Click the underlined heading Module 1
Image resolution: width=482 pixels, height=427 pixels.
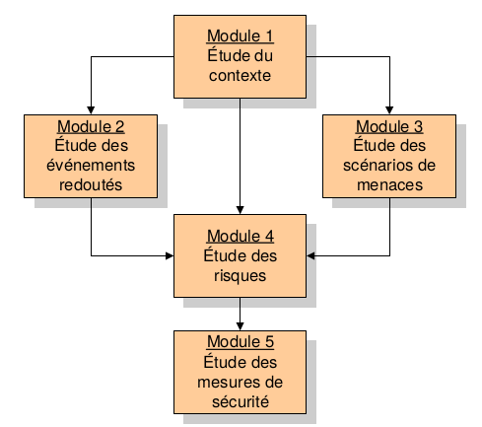point(241,36)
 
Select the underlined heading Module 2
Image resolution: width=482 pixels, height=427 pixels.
point(91,126)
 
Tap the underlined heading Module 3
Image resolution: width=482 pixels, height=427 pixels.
point(389,126)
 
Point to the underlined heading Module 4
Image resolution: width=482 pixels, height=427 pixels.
point(241,236)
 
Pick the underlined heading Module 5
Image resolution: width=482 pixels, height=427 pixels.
point(241,341)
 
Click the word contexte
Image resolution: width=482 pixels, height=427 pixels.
point(240,76)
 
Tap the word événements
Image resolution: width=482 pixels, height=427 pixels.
point(91,165)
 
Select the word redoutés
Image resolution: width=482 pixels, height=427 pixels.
point(91,184)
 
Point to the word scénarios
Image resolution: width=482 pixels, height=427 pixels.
point(378,165)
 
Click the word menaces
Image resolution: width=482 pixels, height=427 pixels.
point(389,185)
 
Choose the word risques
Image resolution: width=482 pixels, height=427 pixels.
point(240,275)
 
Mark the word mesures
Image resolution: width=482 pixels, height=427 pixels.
point(228,383)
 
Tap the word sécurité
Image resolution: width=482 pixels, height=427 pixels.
point(241,401)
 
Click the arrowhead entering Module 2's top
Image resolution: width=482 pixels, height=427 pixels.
point(91,110)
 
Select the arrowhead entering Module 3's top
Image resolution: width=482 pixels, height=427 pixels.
point(389,110)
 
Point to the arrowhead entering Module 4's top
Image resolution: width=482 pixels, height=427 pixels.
point(241,210)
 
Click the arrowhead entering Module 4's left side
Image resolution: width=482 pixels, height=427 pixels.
point(170,255)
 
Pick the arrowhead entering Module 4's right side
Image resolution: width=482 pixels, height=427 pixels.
point(310,255)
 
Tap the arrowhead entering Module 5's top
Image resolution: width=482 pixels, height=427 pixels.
point(241,326)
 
